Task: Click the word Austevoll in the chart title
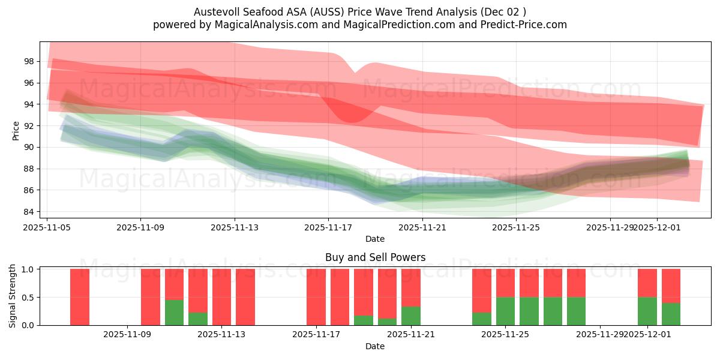point(214,12)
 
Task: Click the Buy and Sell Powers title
point(375,257)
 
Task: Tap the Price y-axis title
point(16,130)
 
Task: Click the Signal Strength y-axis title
point(13,296)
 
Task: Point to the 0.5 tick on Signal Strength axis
point(28,298)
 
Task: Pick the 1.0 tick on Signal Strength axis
point(28,269)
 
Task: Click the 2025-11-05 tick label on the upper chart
point(47,227)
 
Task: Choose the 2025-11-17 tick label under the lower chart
point(316,334)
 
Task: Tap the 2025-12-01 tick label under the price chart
point(656,227)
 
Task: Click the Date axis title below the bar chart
point(375,346)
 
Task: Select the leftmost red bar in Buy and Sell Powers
point(80,297)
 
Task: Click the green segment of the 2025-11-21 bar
point(411,316)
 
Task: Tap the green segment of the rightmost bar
point(671,314)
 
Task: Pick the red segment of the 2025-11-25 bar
point(505,283)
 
